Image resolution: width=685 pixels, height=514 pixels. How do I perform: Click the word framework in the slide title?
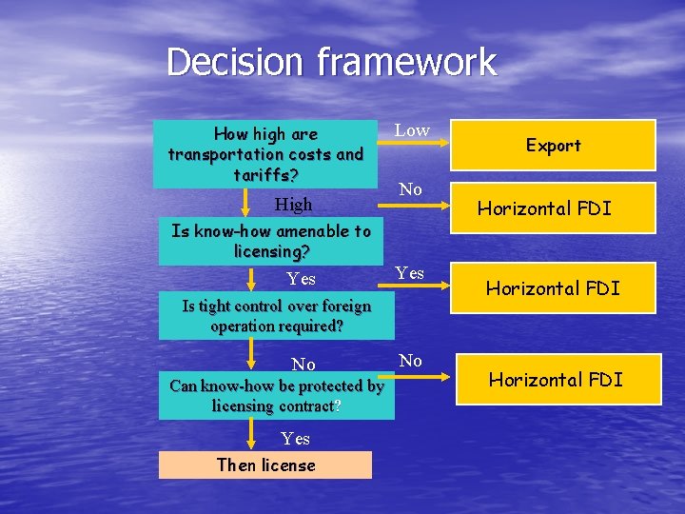tap(407, 63)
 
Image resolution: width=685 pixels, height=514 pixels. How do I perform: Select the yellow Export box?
tap(553, 145)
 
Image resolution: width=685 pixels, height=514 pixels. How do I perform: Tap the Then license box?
tap(265, 465)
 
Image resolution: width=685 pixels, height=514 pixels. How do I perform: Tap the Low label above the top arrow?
tap(412, 130)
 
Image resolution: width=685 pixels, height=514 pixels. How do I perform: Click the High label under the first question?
tap(293, 205)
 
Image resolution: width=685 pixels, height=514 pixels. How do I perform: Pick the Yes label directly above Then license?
tap(295, 439)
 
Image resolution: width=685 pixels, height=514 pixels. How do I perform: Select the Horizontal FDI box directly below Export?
tap(553, 208)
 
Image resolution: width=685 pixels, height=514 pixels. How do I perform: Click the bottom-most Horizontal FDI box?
tap(556, 380)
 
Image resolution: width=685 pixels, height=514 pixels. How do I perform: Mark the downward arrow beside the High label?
tap(251, 203)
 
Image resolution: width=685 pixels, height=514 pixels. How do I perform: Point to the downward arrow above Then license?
tap(251, 435)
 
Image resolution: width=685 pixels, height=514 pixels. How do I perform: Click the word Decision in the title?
tap(236, 63)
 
